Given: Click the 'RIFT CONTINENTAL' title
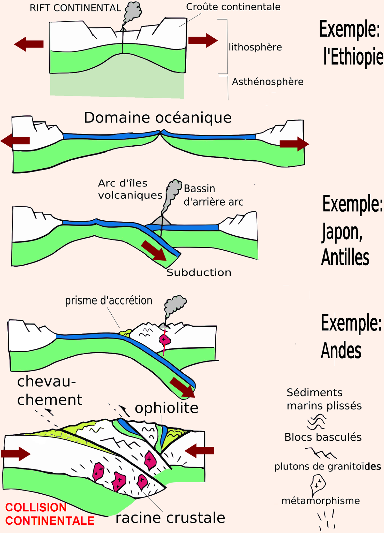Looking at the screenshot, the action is tap(75, 8).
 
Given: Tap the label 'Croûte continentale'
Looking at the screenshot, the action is tap(233, 7).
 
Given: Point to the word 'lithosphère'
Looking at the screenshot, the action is tap(255, 47).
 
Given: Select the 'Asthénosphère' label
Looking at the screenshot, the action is tap(268, 82).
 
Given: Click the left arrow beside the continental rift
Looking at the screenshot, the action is tap(28, 44).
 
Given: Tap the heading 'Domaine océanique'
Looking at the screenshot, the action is tap(158, 118).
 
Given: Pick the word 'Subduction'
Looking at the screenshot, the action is tap(199, 272).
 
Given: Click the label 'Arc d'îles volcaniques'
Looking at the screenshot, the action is tap(130, 189).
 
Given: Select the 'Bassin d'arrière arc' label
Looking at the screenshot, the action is tap(213, 195).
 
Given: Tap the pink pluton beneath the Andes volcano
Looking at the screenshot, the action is tap(164, 339).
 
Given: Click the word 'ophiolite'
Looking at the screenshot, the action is tap(167, 408).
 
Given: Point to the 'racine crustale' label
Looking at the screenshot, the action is tap(171, 518).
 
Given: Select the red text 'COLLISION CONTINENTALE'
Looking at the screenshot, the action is tap(50, 514).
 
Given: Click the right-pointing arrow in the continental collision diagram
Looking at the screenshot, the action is tap(16, 454).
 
